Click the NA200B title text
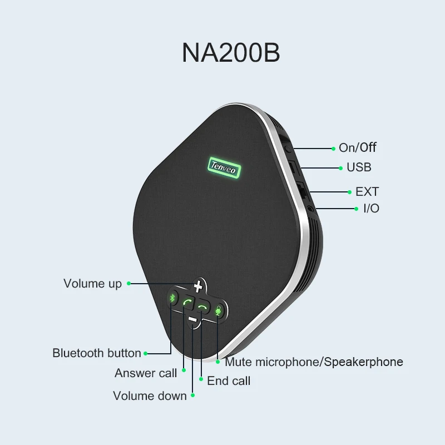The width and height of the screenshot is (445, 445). coord(231,52)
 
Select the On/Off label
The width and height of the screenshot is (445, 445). coord(358,147)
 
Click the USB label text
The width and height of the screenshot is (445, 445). coord(359,167)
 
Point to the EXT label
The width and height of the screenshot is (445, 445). coord(367,191)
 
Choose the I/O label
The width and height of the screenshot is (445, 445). coord(370,209)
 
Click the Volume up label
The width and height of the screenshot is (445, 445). coord(92,283)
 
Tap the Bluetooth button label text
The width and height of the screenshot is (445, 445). coord(97,353)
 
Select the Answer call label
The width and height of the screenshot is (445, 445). coord(146,373)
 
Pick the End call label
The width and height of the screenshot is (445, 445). coord(229,380)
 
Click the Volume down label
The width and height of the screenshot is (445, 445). coord(150,395)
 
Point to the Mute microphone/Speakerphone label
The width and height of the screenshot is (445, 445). coord(314,362)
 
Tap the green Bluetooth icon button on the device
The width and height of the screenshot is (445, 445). coord(172,299)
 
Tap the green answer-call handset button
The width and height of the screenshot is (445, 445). coord(188,304)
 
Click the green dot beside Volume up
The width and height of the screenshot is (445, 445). coord(128,283)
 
